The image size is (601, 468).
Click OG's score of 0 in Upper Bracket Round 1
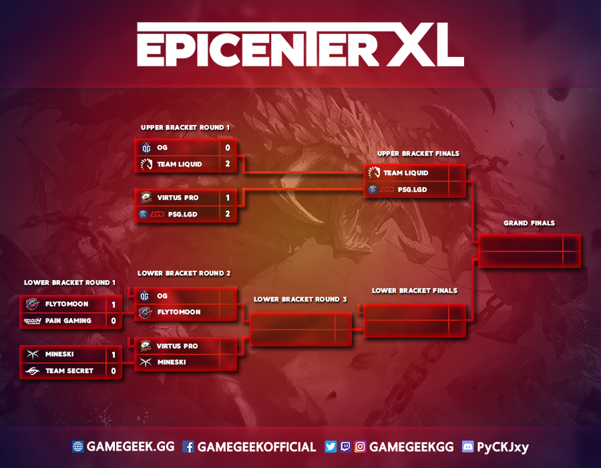(227, 148)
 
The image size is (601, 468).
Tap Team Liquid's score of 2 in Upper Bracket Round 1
(227, 164)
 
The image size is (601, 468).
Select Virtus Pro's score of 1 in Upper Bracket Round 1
(227, 198)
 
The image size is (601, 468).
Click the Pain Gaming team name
(68, 321)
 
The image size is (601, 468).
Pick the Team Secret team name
(69, 370)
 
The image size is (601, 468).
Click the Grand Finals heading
(529, 223)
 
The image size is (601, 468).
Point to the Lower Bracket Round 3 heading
(300, 300)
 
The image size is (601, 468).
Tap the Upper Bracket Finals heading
(418, 154)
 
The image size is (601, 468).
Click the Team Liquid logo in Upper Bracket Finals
(374, 173)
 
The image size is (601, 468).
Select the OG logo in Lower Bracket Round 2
(146, 296)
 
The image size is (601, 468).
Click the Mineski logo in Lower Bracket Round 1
(32, 354)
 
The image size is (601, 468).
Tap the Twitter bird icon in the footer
(330, 447)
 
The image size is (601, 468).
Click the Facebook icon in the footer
(188, 447)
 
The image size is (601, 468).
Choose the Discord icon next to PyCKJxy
(467, 447)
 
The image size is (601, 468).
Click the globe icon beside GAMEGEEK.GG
(78, 447)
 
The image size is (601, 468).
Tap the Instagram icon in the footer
(361, 447)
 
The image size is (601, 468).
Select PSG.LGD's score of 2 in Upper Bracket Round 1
(227, 214)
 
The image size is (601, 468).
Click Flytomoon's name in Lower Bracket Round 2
(179, 312)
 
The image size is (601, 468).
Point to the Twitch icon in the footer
(345, 447)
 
